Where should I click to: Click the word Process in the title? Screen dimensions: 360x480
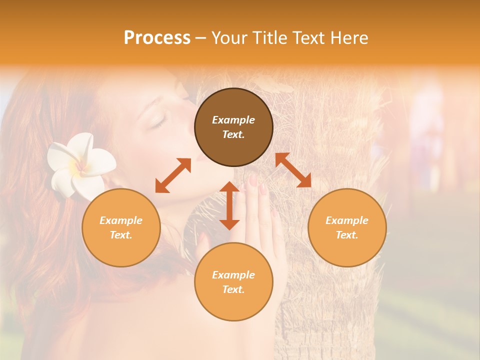tap(157, 38)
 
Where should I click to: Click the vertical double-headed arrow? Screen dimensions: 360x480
tap(229, 205)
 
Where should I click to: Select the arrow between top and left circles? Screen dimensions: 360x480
tap(173, 175)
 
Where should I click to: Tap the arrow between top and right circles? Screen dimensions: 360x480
tap(293, 170)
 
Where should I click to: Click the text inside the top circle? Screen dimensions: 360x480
tap(233, 127)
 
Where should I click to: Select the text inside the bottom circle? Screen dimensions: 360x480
tap(233, 282)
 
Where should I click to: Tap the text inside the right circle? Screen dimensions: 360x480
tap(347, 227)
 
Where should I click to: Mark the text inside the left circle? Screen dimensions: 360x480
tap(121, 227)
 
